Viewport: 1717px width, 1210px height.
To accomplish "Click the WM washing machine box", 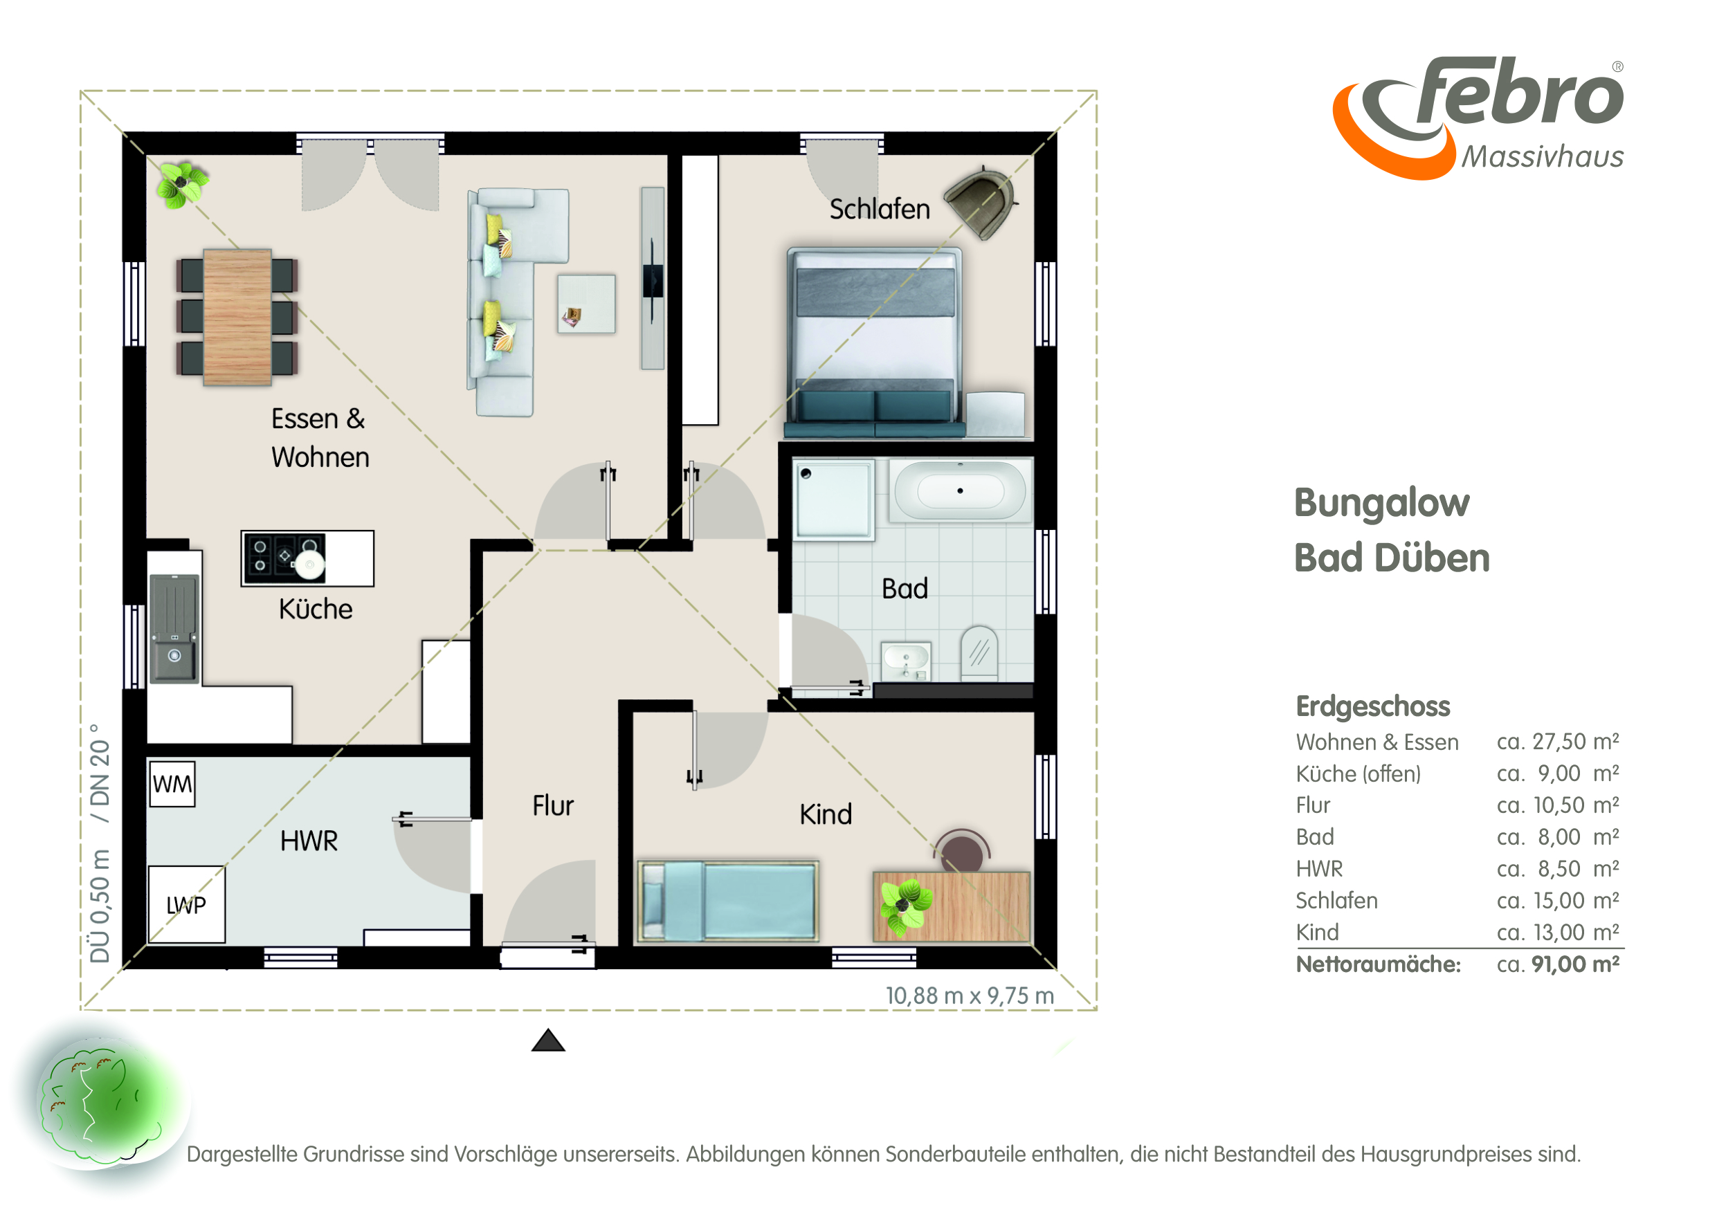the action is click(172, 784).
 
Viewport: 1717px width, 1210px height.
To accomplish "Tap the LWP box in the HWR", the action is click(186, 904).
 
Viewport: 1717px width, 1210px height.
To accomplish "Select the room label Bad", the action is click(905, 589).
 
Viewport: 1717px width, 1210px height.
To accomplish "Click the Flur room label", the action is click(553, 806).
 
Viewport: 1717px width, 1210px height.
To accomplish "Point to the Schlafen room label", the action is click(880, 209).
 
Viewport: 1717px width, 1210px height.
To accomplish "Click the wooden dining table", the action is click(237, 317).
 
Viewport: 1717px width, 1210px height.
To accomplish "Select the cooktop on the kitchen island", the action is click(284, 558).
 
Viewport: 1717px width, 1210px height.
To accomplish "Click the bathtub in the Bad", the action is click(960, 491).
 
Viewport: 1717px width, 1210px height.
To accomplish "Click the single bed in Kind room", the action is click(727, 901).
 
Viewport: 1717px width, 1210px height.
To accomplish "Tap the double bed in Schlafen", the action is click(874, 342).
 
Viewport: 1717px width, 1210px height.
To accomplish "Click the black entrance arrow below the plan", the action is click(548, 1041).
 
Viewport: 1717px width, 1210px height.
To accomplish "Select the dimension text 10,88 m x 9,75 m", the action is click(970, 996).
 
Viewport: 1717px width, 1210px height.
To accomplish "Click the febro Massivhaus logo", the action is click(1478, 118).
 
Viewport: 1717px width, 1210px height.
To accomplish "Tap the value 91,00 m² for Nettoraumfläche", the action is click(1575, 964).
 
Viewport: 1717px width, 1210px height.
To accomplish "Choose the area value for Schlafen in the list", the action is click(1558, 901).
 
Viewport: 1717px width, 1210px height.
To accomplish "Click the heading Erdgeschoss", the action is click(1373, 706).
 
